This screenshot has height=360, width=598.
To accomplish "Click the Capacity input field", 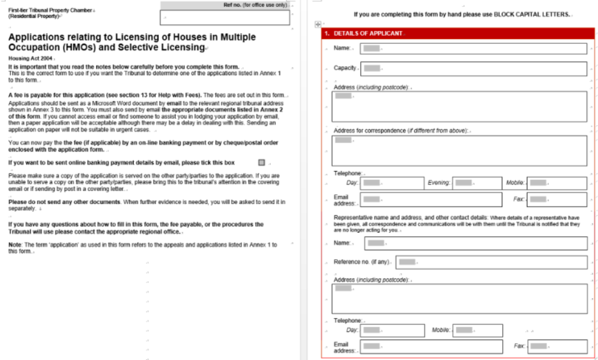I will [x=473, y=68].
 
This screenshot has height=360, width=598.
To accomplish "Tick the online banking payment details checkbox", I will [x=261, y=162].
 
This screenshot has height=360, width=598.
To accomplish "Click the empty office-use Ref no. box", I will [x=225, y=18].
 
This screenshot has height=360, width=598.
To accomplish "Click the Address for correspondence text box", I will [x=459, y=151].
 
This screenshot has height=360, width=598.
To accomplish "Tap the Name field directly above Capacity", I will [x=473, y=48].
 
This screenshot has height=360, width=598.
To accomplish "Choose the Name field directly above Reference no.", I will [x=475, y=243].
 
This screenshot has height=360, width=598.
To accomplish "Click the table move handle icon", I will [x=317, y=24].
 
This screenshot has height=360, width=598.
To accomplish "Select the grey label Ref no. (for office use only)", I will [x=256, y=5].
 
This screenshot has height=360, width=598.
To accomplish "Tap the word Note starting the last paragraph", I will [x=15, y=244].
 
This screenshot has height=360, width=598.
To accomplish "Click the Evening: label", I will [x=438, y=183].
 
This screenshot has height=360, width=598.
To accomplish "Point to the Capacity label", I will [x=345, y=68].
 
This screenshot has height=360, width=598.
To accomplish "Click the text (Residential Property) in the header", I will [x=34, y=16].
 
